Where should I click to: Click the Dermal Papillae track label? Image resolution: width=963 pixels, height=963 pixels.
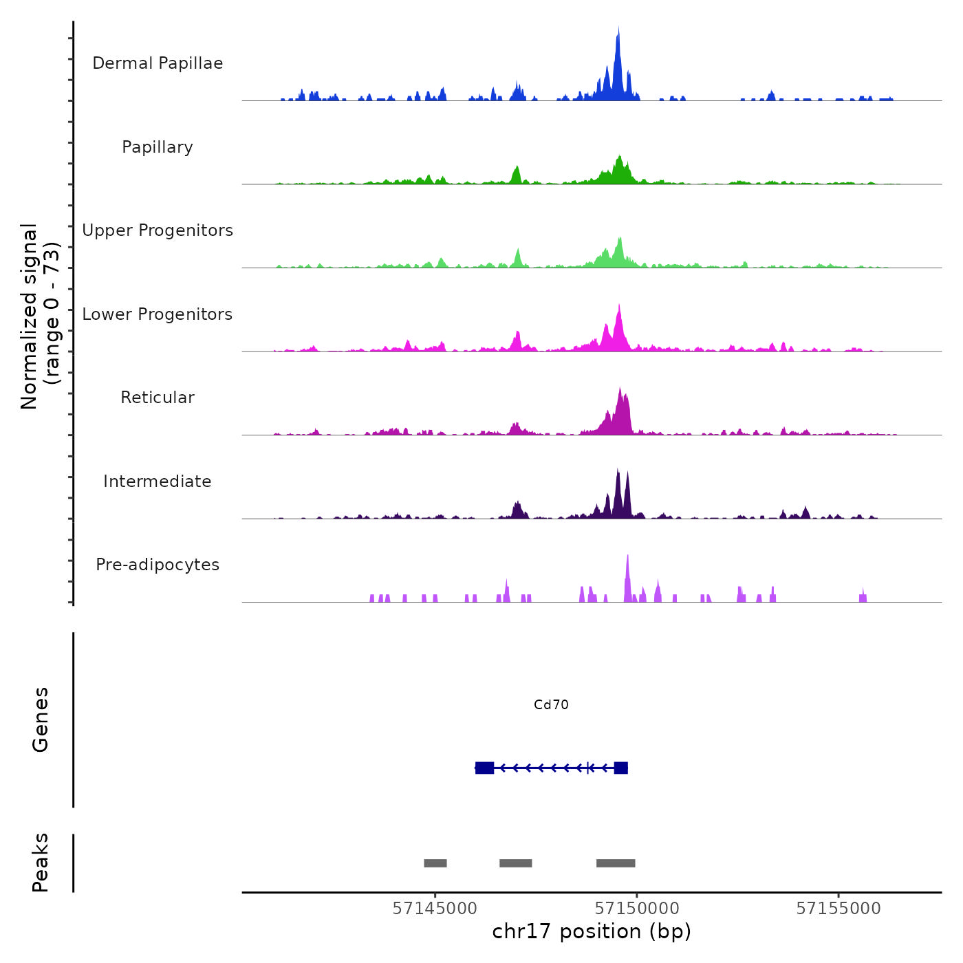point(158,63)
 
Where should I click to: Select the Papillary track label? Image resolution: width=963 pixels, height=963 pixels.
point(158,147)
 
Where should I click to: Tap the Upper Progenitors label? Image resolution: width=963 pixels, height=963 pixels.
point(158,230)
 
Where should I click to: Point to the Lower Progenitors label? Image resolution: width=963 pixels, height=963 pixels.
point(158,314)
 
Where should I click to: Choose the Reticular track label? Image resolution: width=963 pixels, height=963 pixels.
point(158,398)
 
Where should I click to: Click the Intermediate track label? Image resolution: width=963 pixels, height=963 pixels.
point(158,481)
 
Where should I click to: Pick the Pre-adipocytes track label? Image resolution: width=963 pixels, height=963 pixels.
point(158,565)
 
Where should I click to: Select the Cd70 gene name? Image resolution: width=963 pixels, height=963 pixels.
point(551,705)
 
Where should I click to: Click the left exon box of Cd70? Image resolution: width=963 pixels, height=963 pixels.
point(484,768)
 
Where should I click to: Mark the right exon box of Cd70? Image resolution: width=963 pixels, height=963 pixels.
point(620,768)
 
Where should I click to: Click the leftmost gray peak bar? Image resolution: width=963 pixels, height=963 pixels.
point(435,863)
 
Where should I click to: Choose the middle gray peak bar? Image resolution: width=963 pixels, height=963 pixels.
point(516,863)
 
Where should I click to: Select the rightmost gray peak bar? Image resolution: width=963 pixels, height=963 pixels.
point(616,863)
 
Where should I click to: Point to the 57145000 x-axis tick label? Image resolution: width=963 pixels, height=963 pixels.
point(435,909)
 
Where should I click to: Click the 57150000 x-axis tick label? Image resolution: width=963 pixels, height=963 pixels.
point(637,909)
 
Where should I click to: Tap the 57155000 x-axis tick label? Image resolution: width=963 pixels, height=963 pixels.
point(838,909)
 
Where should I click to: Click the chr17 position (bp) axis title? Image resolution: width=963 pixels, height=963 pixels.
point(592,931)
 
